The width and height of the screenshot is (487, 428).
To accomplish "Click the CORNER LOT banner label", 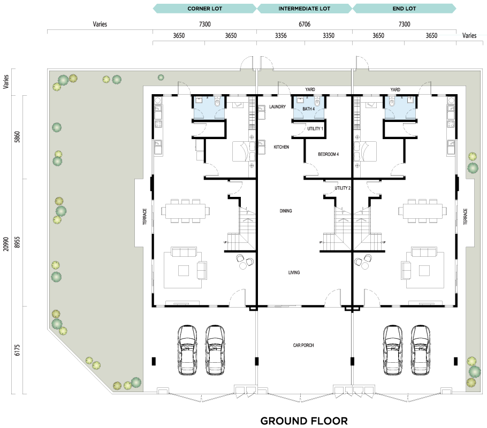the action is (x=204, y=9).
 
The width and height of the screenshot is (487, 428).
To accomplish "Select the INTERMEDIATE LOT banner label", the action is (x=305, y=9).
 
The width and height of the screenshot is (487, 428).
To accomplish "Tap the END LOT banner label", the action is (x=404, y=9).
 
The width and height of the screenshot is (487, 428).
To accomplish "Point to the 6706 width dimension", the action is (x=305, y=24).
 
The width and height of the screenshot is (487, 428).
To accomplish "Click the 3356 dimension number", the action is (x=281, y=36).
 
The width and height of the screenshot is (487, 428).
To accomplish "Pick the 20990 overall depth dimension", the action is (x=6, y=244).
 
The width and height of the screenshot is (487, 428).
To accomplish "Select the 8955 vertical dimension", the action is (x=17, y=242).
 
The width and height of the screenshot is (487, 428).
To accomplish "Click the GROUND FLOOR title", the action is (x=304, y=421).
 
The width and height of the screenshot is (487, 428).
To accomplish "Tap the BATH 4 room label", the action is (x=308, y=109).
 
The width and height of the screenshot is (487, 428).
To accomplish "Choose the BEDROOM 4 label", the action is (x=328, y=154).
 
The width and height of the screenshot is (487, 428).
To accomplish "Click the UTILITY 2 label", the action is (x=343, y=188).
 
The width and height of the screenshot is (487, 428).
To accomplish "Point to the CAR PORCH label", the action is (x=303, y=345).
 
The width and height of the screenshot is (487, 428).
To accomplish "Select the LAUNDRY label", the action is (x=277, y=106).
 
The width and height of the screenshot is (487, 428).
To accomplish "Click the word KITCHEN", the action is (x=281, y=147).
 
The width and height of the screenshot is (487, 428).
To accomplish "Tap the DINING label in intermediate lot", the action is (x=286, y=211).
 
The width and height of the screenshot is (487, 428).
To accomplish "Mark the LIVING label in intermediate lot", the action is (x=294, y=272).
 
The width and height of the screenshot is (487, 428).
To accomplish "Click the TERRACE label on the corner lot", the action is (x=144, y=217).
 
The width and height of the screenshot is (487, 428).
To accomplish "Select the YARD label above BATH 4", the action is (x=310, y=89).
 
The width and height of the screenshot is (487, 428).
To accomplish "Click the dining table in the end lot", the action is (x=423, y=211).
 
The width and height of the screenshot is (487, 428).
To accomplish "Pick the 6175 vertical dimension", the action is (x=17, y=350).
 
